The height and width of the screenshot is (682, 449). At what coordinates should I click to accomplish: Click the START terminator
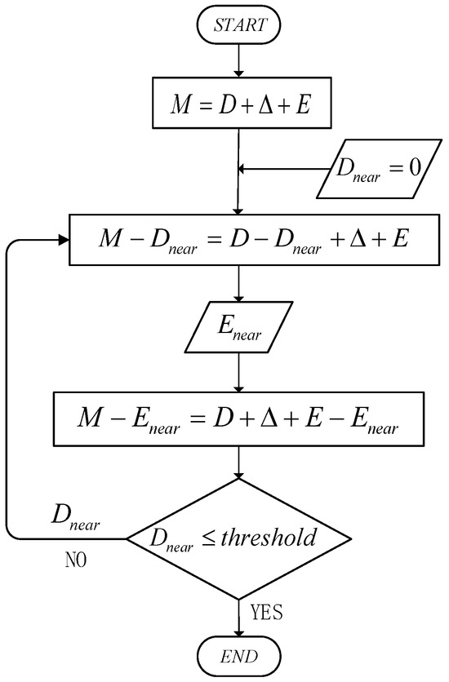[x=238, y=26]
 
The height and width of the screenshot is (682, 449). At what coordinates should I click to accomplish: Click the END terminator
[x=238, y=656]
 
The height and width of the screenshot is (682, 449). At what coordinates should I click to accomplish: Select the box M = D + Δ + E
[x=238, y=104]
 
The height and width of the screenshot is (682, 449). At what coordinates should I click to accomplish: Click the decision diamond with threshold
[x=238, y=538]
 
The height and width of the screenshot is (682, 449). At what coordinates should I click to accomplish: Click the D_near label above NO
[x=76, y=523]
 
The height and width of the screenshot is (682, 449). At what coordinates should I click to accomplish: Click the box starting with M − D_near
[x=238, y=240]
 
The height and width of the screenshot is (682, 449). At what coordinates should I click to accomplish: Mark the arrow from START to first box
[x=238, y=61]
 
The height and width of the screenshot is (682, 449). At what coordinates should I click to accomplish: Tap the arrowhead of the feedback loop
[x=63, y=240]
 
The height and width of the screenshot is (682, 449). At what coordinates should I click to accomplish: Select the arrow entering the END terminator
[x=238, y=616]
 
